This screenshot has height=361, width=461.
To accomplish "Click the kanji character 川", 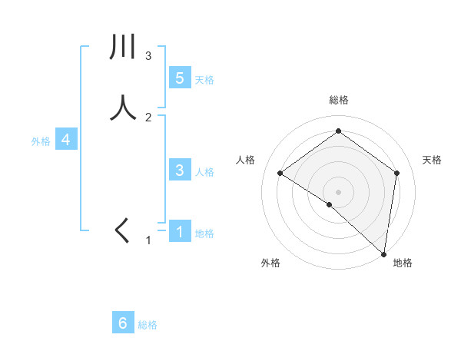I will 123,48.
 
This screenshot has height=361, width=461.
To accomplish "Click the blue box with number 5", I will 179,78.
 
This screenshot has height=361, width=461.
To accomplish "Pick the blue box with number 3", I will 179,171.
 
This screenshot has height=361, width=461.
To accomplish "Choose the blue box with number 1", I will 179,231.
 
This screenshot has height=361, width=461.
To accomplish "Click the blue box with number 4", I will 66,140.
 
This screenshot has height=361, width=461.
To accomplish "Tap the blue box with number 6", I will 123,323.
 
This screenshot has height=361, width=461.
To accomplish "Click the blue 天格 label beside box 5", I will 204,79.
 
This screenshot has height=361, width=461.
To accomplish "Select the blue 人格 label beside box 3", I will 204,171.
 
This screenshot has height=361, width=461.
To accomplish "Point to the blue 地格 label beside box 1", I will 204,233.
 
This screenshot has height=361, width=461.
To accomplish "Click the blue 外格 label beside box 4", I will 41,141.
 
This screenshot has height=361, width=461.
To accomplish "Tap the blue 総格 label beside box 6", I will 148,325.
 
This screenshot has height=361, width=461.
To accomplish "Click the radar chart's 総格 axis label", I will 338,100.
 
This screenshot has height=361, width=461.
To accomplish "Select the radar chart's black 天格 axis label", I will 432,160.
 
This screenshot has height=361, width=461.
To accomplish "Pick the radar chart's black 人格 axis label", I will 245,160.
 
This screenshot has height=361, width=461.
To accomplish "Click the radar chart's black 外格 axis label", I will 270,263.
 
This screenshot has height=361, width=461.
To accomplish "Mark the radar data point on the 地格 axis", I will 383,253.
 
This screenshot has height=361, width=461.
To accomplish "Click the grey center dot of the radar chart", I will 338,191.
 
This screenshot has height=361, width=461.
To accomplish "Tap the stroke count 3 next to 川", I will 148,55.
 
